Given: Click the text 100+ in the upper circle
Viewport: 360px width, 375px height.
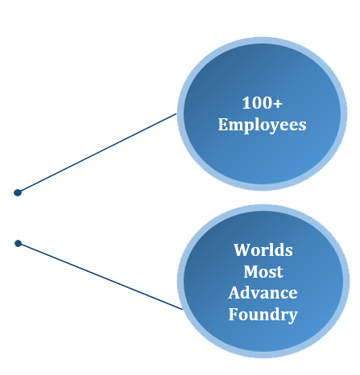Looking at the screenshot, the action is click(x=262, y=103).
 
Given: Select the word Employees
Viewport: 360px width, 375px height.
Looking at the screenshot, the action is click(x=262, y=126).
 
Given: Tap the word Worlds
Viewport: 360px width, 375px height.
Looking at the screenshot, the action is click(x=263, y=249).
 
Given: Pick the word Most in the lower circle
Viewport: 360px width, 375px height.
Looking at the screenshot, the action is click(x=263, y=271).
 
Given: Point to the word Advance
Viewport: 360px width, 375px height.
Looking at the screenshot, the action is click(x=263, y=292).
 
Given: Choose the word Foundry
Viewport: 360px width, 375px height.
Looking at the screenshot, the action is click(x=263, y=315).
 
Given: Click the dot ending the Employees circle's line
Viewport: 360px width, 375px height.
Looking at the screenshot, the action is click(x=18, y=192).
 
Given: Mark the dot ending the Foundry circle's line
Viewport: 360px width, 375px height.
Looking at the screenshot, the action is click(x=18, y=243).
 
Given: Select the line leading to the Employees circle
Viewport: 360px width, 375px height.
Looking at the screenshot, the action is click(x=98, y=152).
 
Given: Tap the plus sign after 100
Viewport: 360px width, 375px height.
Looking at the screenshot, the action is click(x=278, y=104).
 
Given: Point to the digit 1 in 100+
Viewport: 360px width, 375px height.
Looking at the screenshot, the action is click(x=246, y=103).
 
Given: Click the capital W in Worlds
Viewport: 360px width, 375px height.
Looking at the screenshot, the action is click(x=242, y=249).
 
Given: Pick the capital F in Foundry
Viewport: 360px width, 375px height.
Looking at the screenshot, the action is click(x=234, y=314).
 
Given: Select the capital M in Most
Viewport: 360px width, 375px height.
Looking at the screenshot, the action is click(x=251, y=271).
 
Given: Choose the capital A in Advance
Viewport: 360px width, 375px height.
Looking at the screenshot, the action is click(x=234, y=292).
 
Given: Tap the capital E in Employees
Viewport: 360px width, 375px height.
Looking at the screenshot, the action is click(x=223, y=125).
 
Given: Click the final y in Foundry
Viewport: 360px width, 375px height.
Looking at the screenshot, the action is click(x=292, y=316).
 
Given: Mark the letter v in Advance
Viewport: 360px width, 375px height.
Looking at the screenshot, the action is click(x=257, y=294).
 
